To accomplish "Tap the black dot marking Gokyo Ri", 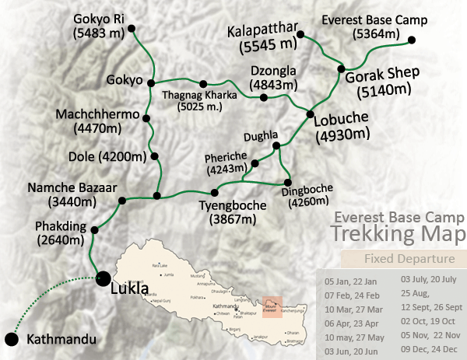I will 132,30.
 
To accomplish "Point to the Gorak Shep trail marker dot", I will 340,69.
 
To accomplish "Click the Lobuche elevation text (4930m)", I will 342,135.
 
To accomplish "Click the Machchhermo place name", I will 97,114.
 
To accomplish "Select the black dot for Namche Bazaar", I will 122,201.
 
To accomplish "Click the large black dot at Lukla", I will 102,276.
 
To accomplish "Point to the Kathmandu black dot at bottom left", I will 11,339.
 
